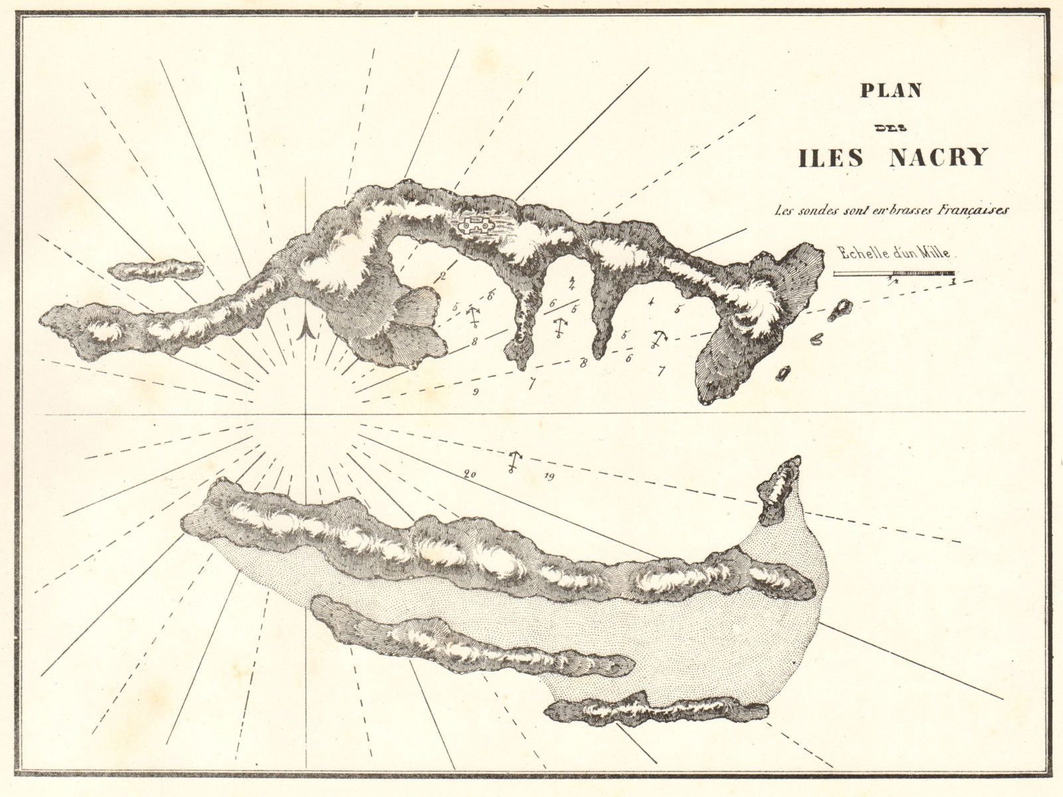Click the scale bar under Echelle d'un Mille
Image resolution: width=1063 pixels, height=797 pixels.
[894, 273]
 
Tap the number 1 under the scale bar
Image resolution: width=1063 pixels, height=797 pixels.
[953, 282]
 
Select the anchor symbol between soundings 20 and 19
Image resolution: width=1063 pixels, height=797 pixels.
[513, 460]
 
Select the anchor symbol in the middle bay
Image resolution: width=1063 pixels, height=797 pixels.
[560, 327]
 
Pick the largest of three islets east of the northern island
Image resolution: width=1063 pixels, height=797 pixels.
[843, 308]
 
